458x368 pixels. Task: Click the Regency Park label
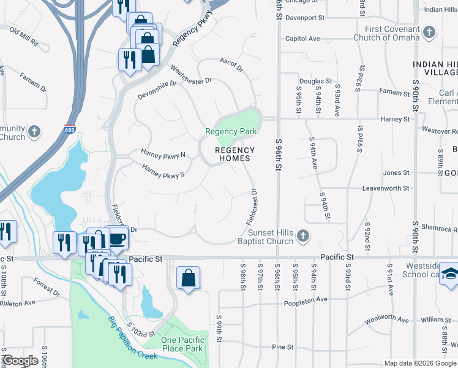pyautogui.click(x=231, y=131)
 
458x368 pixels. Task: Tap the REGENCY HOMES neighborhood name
pyautogui.click(x=235, y=154)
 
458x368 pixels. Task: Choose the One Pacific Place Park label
pyautogui.click(x=181, y=344)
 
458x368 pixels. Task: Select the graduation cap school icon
pyautogui.click(x=450, y=273)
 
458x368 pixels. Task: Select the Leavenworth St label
pyautogui.click(x=385, y=188)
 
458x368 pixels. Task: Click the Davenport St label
pyautogui.click(x=304, y=18)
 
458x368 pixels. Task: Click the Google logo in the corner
pyautogui.click(x=20, y=361)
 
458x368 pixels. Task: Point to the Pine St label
pyautogui.click(x=283, y=347)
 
